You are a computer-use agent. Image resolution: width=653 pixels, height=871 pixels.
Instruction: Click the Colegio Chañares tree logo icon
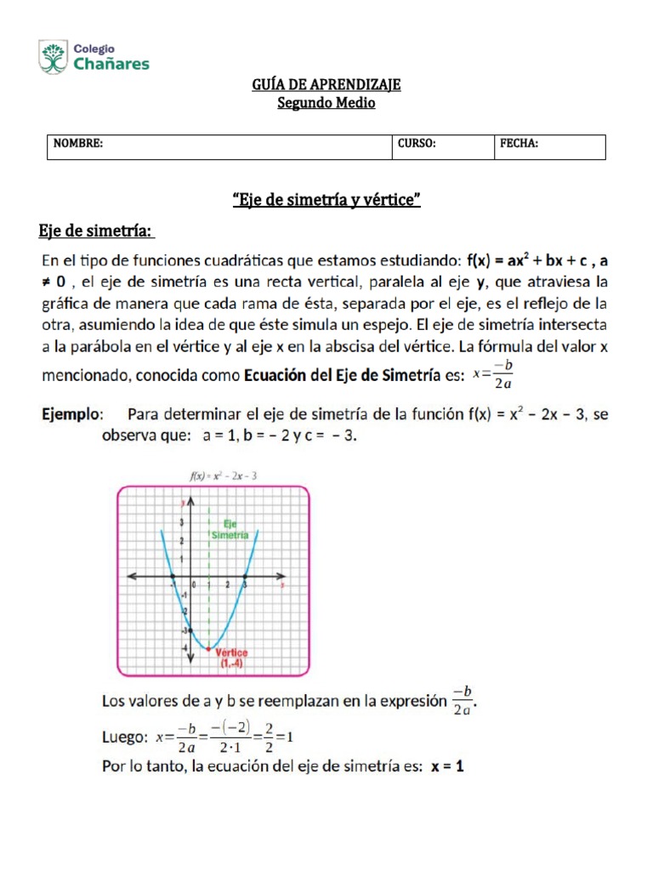53,57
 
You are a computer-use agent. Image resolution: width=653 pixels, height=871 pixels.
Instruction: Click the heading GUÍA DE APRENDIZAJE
326,85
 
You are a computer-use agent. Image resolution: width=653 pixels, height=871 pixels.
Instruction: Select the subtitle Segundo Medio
326,104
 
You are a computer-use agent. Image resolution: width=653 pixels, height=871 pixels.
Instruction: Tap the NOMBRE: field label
78,144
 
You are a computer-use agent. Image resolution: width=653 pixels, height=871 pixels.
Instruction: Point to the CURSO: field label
417,144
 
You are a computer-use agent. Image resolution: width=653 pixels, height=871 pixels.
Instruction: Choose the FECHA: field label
519,144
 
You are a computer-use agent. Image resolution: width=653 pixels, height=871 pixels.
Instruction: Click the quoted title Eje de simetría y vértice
326,201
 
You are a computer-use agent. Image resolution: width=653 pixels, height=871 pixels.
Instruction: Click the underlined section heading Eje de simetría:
96,231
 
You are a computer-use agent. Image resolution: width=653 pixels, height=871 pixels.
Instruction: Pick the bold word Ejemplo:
73,415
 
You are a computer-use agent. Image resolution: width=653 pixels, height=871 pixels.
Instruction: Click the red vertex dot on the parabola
209,649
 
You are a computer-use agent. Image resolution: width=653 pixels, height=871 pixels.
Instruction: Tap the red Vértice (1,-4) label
232,658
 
